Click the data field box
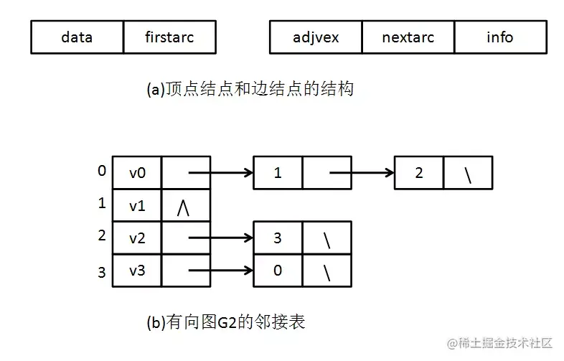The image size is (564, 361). click(77, 37)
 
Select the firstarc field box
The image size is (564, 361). click(169, 37)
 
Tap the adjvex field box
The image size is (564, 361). click(316, 37)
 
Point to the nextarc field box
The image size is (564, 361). click(408, 37)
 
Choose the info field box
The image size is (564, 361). click(500, 37)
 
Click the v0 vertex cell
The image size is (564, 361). click(137, 173)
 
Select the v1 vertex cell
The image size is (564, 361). click(137, 206)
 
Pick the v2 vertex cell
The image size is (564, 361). click(137, 238)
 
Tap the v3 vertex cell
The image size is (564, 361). click(137, 271)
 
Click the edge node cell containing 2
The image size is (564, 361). click(419, 173)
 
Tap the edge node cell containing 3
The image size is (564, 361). click(278, 238)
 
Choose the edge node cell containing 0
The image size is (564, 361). click(278, 271)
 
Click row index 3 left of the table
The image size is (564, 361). click(102, 272)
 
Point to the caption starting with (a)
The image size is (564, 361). click(250, 90)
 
